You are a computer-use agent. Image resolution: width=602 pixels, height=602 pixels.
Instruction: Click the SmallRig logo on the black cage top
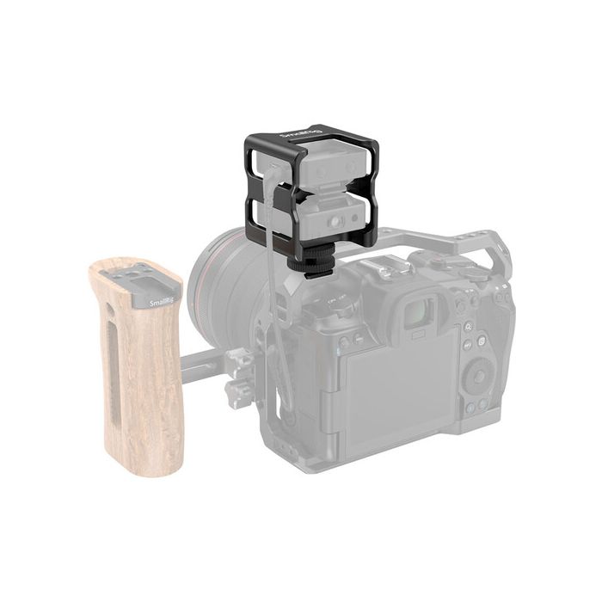click(297, 138)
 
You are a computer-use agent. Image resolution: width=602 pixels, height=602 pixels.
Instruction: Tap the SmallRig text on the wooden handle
click(163, 304)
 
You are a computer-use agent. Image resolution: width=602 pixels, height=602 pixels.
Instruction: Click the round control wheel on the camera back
click(476, 376)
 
